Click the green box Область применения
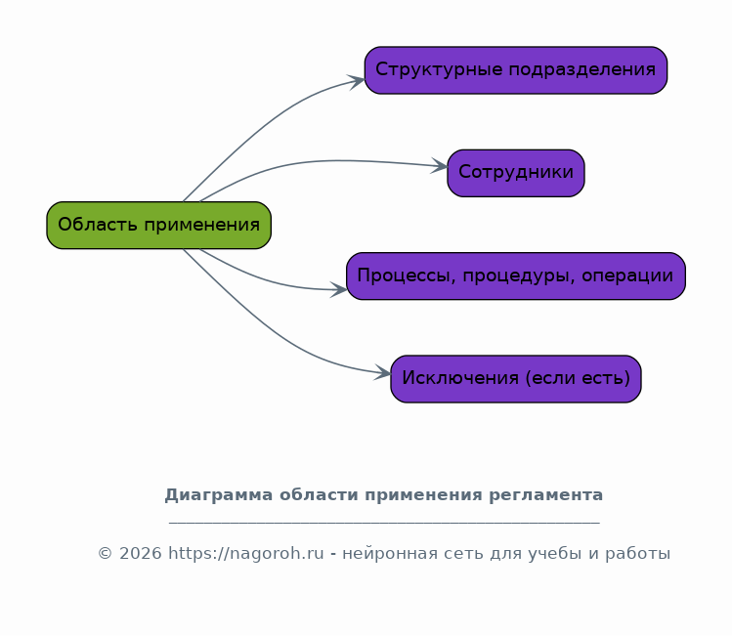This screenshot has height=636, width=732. click(x=158, y=225)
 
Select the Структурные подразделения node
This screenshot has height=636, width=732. click(x=516, y=70)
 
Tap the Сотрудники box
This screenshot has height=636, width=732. click(x=516, y=173)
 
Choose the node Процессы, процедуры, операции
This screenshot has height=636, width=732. click(x=516, y=276)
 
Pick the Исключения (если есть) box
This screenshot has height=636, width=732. click(x=516, y=379)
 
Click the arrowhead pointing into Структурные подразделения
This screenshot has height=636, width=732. click(x=356, y=81)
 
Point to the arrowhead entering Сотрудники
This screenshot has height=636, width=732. click(x=439, y=166)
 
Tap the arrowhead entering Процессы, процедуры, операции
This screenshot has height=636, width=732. click(x=338, y=289)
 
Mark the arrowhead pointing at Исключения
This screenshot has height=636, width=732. click(x=382, y=373)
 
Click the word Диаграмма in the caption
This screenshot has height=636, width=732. click(x=219, y=495)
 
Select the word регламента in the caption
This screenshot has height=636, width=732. click(x=545, y=495)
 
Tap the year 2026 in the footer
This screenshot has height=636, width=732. click(x=141, y=553)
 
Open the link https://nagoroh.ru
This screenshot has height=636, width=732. click(x=246, y=554)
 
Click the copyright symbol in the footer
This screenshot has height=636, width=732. click(x=105, y=553)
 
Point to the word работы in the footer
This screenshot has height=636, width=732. click(x=638, y=554)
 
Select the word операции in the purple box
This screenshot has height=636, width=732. click(x=627, y=276)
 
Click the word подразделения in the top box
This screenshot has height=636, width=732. click(x=581, y=70)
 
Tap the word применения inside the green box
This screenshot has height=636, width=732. click(x=201, y=225)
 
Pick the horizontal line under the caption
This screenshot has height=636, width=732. click(x=384, y=523)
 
